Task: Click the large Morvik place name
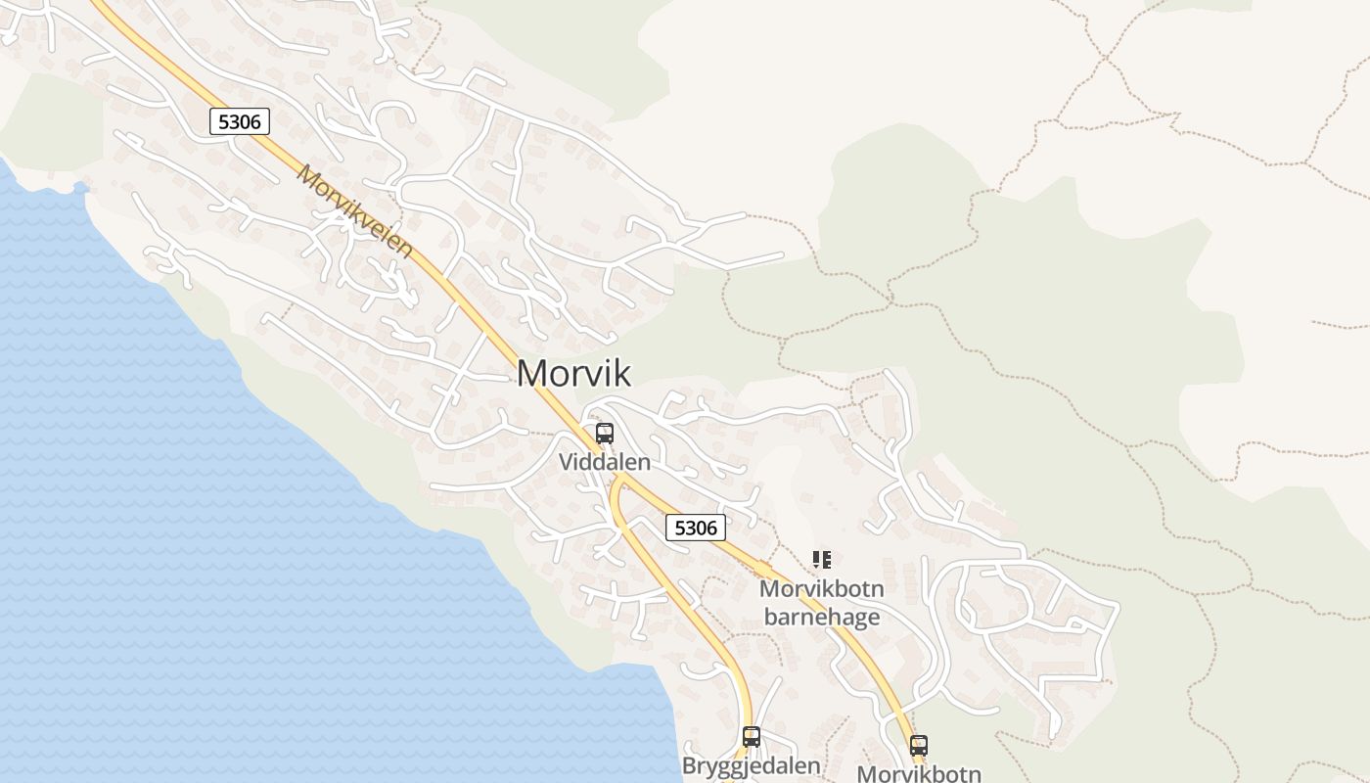573,373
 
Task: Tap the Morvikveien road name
355,210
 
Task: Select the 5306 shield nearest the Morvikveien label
239,121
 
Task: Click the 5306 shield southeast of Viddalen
696,528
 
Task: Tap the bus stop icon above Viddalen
605,434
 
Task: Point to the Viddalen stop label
605,461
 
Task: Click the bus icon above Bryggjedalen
752,737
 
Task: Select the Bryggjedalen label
751,764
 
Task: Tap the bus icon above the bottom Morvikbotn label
918,746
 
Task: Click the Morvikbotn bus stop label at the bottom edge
918,773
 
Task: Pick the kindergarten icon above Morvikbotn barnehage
822,560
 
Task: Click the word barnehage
821,617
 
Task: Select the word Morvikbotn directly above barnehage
821,589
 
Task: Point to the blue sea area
196,538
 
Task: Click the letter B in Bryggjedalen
689,764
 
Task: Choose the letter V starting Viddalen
566,461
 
